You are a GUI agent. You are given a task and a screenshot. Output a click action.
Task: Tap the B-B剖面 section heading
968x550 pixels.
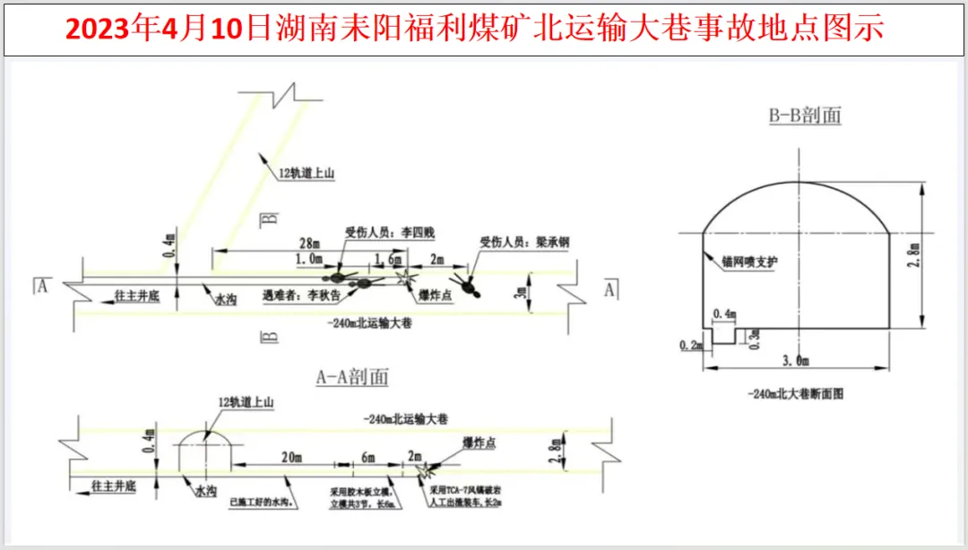(x=805, y=116)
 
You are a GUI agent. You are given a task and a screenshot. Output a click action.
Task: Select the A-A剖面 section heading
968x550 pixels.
(x=352, y=378)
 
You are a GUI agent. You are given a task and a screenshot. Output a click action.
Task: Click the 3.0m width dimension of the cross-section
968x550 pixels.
(x=794, y=361)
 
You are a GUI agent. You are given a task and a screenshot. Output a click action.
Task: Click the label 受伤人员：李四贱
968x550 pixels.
(x=389, y=233)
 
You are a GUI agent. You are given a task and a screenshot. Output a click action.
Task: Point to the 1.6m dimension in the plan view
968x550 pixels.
(x=389, y=259)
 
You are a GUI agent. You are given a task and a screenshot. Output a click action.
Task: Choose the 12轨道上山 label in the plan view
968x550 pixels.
(x=305, y=174)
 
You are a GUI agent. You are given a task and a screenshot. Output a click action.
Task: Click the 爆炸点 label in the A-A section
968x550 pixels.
(x=480, y=443)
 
